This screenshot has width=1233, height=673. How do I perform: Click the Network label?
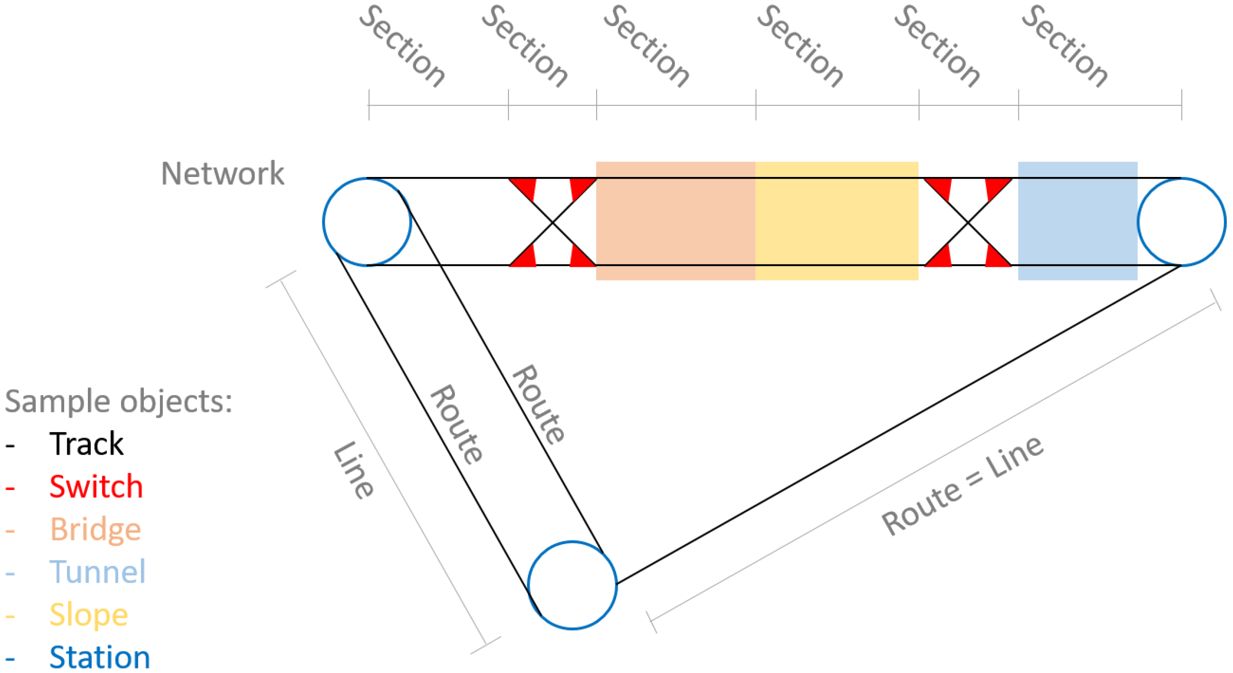point(222,173)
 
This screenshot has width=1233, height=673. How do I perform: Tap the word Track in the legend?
point(87,444)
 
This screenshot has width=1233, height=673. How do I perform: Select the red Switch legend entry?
point(96,487)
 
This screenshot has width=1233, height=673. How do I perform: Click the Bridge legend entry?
point(95,529)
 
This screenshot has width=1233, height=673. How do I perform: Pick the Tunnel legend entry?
point(97,571)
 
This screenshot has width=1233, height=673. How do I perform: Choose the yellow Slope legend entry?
point(89,614)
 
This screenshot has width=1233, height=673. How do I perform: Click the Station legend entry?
point(99,657)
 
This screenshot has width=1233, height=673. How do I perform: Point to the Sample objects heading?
point(118,401)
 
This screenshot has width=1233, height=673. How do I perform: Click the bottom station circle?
point(573,585)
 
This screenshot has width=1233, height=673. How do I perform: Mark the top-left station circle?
point(367,222)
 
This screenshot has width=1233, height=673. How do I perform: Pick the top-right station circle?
point(1181,222)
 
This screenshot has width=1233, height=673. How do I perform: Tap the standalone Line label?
point(353,470)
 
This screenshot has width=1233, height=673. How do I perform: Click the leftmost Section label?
point(402,46)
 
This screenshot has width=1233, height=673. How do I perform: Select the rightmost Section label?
point(1064,46)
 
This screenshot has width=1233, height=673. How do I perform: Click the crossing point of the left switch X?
point(552,222)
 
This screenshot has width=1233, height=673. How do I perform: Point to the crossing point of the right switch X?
point(967,222)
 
